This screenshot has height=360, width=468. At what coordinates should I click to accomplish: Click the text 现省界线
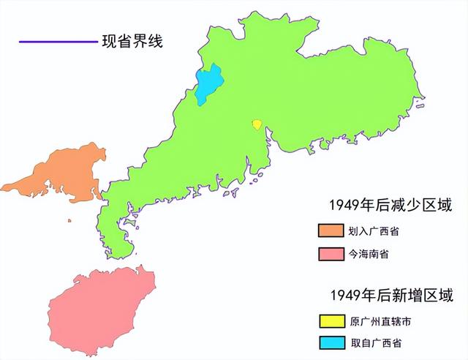click(x=132, y=41)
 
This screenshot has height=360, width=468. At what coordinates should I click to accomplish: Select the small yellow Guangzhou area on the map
click(x=257, y=124)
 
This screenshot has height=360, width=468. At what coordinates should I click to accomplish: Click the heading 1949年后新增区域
click(x=391, y=296)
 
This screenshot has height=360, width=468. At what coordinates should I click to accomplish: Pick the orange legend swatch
click(x=331, y=231)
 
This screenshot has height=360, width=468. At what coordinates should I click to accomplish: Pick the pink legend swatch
click(x=331, y=253)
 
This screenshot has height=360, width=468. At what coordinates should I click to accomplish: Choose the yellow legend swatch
click(x=331, y=320)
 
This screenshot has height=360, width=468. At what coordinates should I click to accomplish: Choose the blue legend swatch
click(x=331, y=342)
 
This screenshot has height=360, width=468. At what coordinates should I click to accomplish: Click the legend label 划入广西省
click(x=374, y=232)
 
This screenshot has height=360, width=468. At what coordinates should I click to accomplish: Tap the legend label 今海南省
click(x=369, y=254)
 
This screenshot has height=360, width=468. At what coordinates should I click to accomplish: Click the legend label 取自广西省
click(x=374, y=342)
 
